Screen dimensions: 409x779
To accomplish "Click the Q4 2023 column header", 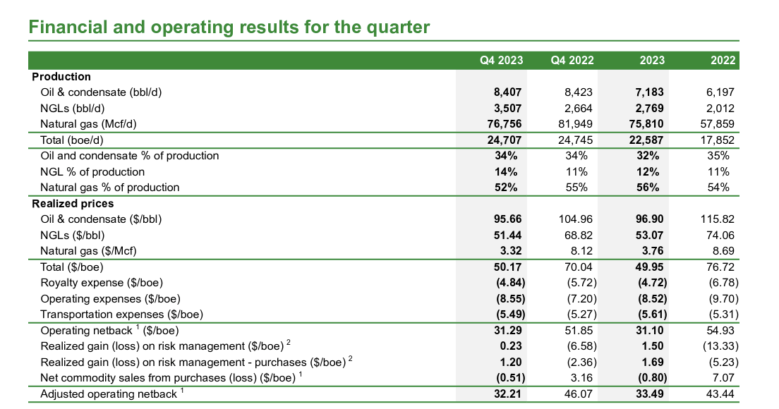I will point(502,61).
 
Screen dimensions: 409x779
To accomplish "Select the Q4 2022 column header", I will point(572,61).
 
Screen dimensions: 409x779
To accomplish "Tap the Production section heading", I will point(61,77).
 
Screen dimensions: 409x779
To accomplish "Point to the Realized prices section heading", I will point(73,204).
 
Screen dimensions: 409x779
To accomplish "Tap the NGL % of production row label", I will point(92,172).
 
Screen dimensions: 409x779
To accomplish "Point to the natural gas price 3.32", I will point(509,251).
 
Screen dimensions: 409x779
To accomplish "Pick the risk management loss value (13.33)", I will point(715,346).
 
